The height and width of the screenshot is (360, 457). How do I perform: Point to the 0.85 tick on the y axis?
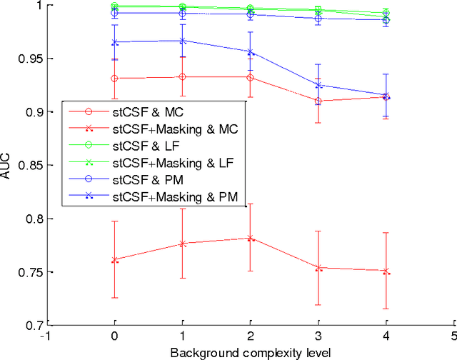26,165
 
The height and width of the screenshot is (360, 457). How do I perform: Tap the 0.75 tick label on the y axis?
26,272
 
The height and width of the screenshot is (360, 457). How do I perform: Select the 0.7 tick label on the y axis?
29,326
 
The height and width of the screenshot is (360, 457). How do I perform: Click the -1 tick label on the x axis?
46,336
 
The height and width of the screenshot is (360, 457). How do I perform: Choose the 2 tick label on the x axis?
250,336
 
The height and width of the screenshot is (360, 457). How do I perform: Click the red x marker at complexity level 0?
114,259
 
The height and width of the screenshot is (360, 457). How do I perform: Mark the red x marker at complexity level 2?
250,238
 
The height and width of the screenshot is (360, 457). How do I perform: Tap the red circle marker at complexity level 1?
182,76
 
